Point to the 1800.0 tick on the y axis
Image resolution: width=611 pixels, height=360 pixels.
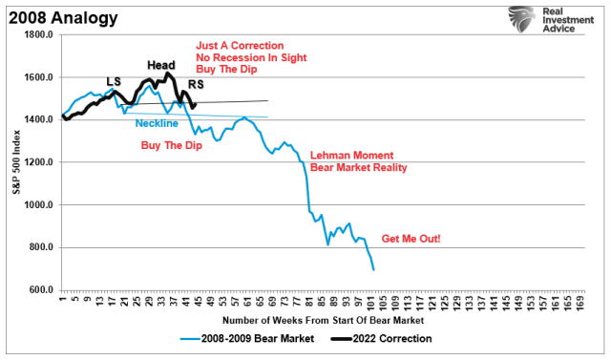click(37, 35)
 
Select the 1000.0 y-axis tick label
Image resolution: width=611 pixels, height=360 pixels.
click(37, 205)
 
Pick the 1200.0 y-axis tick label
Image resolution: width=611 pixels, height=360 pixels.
click(37, 162)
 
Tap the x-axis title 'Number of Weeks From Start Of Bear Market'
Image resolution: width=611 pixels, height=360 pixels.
click(322, 321)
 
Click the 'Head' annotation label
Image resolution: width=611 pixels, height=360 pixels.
click(160, 65)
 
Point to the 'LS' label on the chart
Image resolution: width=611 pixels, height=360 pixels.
click(113, 83)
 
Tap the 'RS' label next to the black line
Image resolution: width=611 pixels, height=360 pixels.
click(195, 85)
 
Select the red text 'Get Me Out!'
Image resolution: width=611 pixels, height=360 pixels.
click(411, 238)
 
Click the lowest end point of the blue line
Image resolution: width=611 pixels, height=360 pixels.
click(373, 270)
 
